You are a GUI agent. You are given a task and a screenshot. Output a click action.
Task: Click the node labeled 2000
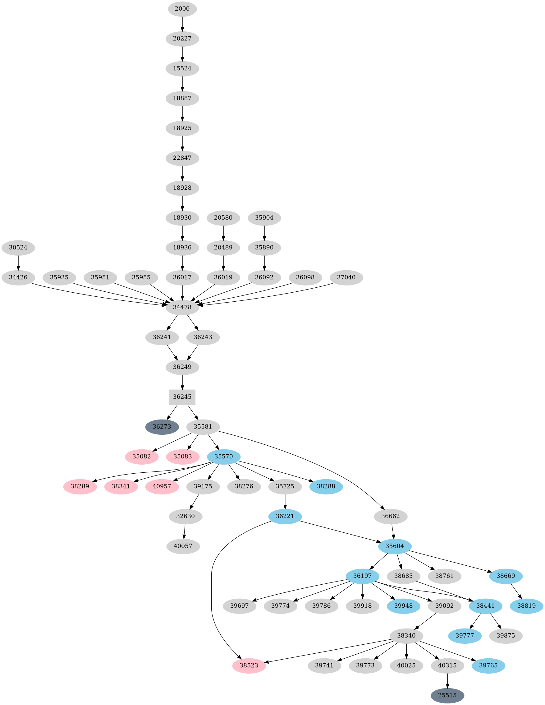point(182,9)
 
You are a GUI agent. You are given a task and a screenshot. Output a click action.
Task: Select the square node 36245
point(182,397)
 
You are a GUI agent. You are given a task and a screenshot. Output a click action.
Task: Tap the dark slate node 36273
point(162,427)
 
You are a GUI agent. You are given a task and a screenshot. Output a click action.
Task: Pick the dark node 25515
point(447,695)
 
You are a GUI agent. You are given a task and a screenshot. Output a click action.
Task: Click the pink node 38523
point(249,666)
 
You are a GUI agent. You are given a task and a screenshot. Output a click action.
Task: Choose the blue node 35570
point(223,457)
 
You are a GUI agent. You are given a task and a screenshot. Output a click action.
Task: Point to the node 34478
point(182,307)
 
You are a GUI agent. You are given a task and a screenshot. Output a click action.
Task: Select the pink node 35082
point(142,457)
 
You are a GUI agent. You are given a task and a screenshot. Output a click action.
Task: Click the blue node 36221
point(285,516)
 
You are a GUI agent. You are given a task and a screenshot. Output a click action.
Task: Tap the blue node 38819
point(526,606)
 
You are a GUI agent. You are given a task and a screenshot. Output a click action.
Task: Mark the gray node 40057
point(183,546)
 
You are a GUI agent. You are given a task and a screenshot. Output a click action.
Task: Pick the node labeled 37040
point(346,277)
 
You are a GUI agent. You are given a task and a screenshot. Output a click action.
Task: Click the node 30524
point(18,248)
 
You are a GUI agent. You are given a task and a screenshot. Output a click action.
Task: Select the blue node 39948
point(403,606)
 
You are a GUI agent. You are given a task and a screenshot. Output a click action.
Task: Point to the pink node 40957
point(162,486)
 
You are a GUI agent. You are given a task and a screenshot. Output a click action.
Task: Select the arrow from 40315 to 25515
point(447,680)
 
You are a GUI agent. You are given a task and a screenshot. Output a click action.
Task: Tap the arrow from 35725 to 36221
point(285,501)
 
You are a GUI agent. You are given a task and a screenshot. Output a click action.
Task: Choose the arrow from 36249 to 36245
point(182,382)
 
